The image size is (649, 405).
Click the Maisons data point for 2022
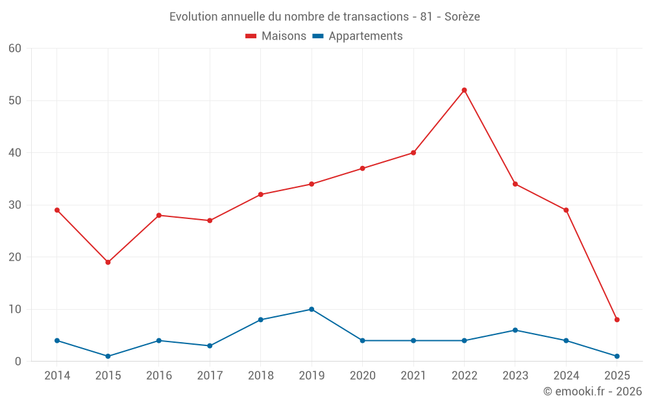pos(464,90)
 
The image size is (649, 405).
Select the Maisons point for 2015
pos(108,262)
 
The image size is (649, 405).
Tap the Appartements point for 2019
pos(312,309)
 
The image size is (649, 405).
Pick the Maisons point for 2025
pos(617,319)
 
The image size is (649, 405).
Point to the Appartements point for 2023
pos(515,330)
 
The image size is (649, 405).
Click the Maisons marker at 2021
pos(413,153)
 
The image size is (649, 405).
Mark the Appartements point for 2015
pos(108,356)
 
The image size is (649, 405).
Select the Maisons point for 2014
pos(57,210)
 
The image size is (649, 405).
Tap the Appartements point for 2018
pos(261,319)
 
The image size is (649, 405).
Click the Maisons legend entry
pos(276,36)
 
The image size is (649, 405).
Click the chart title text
pos(324,17)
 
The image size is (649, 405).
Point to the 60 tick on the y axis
pos(16,49)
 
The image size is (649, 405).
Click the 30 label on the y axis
pos(16,205)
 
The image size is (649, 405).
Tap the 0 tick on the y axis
pos(18,362)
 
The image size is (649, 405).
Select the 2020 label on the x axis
pos(362,376)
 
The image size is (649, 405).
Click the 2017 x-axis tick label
pos(210,376)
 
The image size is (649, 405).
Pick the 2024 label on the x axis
pos(566,376)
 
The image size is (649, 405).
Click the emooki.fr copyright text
pos(592,391)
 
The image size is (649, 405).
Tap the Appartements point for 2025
pos(617,356)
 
